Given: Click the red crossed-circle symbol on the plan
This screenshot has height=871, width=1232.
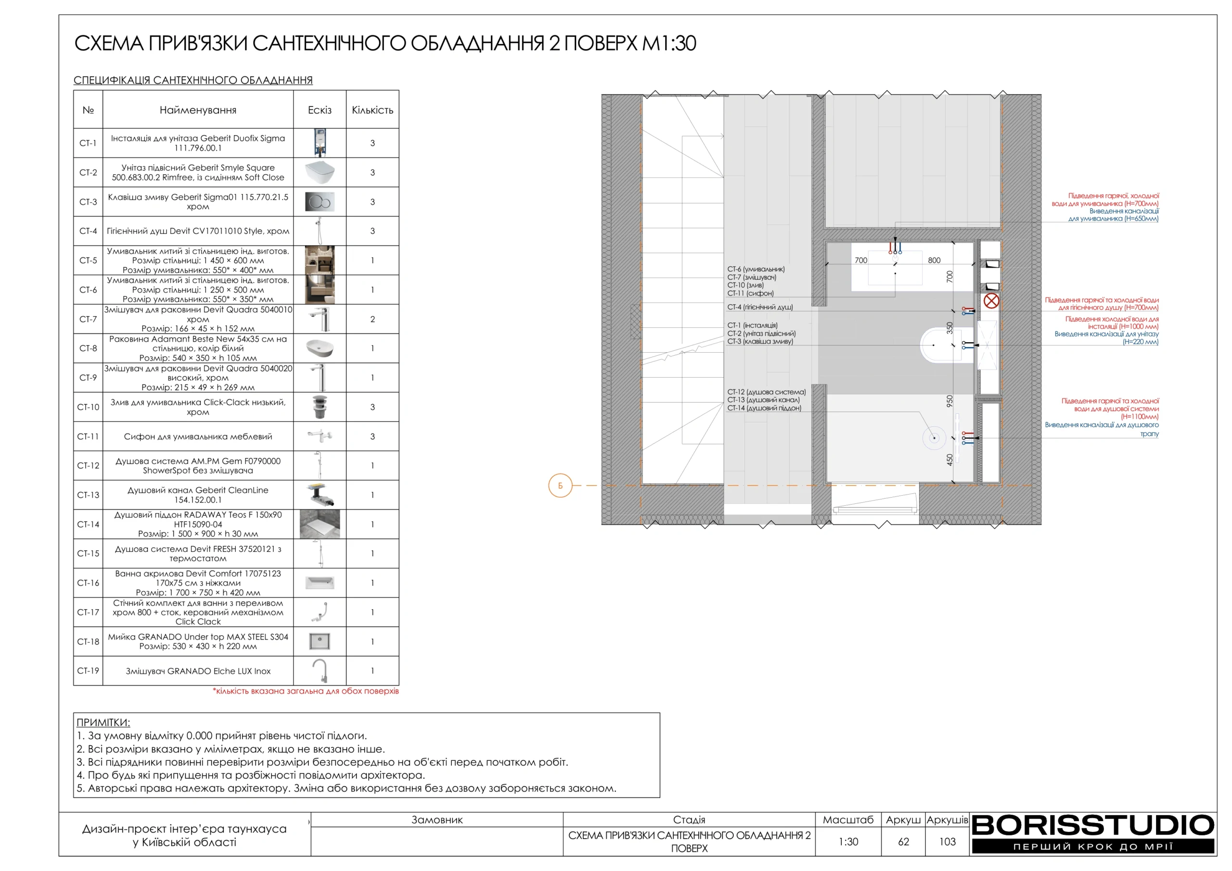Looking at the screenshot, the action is [x=991, y=301].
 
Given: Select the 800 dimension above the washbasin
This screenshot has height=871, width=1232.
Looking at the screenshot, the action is [x=934, y=260].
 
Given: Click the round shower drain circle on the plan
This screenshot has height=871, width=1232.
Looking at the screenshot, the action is [x=934, y=438].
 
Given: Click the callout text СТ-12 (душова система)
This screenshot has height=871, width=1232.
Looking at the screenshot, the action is [x=766, y=392].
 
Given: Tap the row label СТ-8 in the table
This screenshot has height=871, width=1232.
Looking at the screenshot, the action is [x=88, y=348].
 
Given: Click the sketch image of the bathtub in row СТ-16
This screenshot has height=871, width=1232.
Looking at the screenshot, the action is [x=320, y=583].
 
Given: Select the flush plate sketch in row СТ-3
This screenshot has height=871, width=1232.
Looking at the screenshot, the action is [x=320, y=202].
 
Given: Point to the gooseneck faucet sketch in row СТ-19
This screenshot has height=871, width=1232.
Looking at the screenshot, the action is [x=320, y=670].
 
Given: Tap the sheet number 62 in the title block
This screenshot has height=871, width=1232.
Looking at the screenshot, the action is [x=904, y=842].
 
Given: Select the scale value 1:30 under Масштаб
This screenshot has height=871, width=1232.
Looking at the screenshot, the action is [x=848, y=842].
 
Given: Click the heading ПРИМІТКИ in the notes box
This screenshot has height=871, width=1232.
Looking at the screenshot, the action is [x=103, y=722].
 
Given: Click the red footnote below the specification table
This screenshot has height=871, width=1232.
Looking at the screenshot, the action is [x=306, y=691].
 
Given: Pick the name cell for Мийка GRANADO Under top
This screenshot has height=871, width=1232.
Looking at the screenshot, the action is [x=198, y=641].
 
